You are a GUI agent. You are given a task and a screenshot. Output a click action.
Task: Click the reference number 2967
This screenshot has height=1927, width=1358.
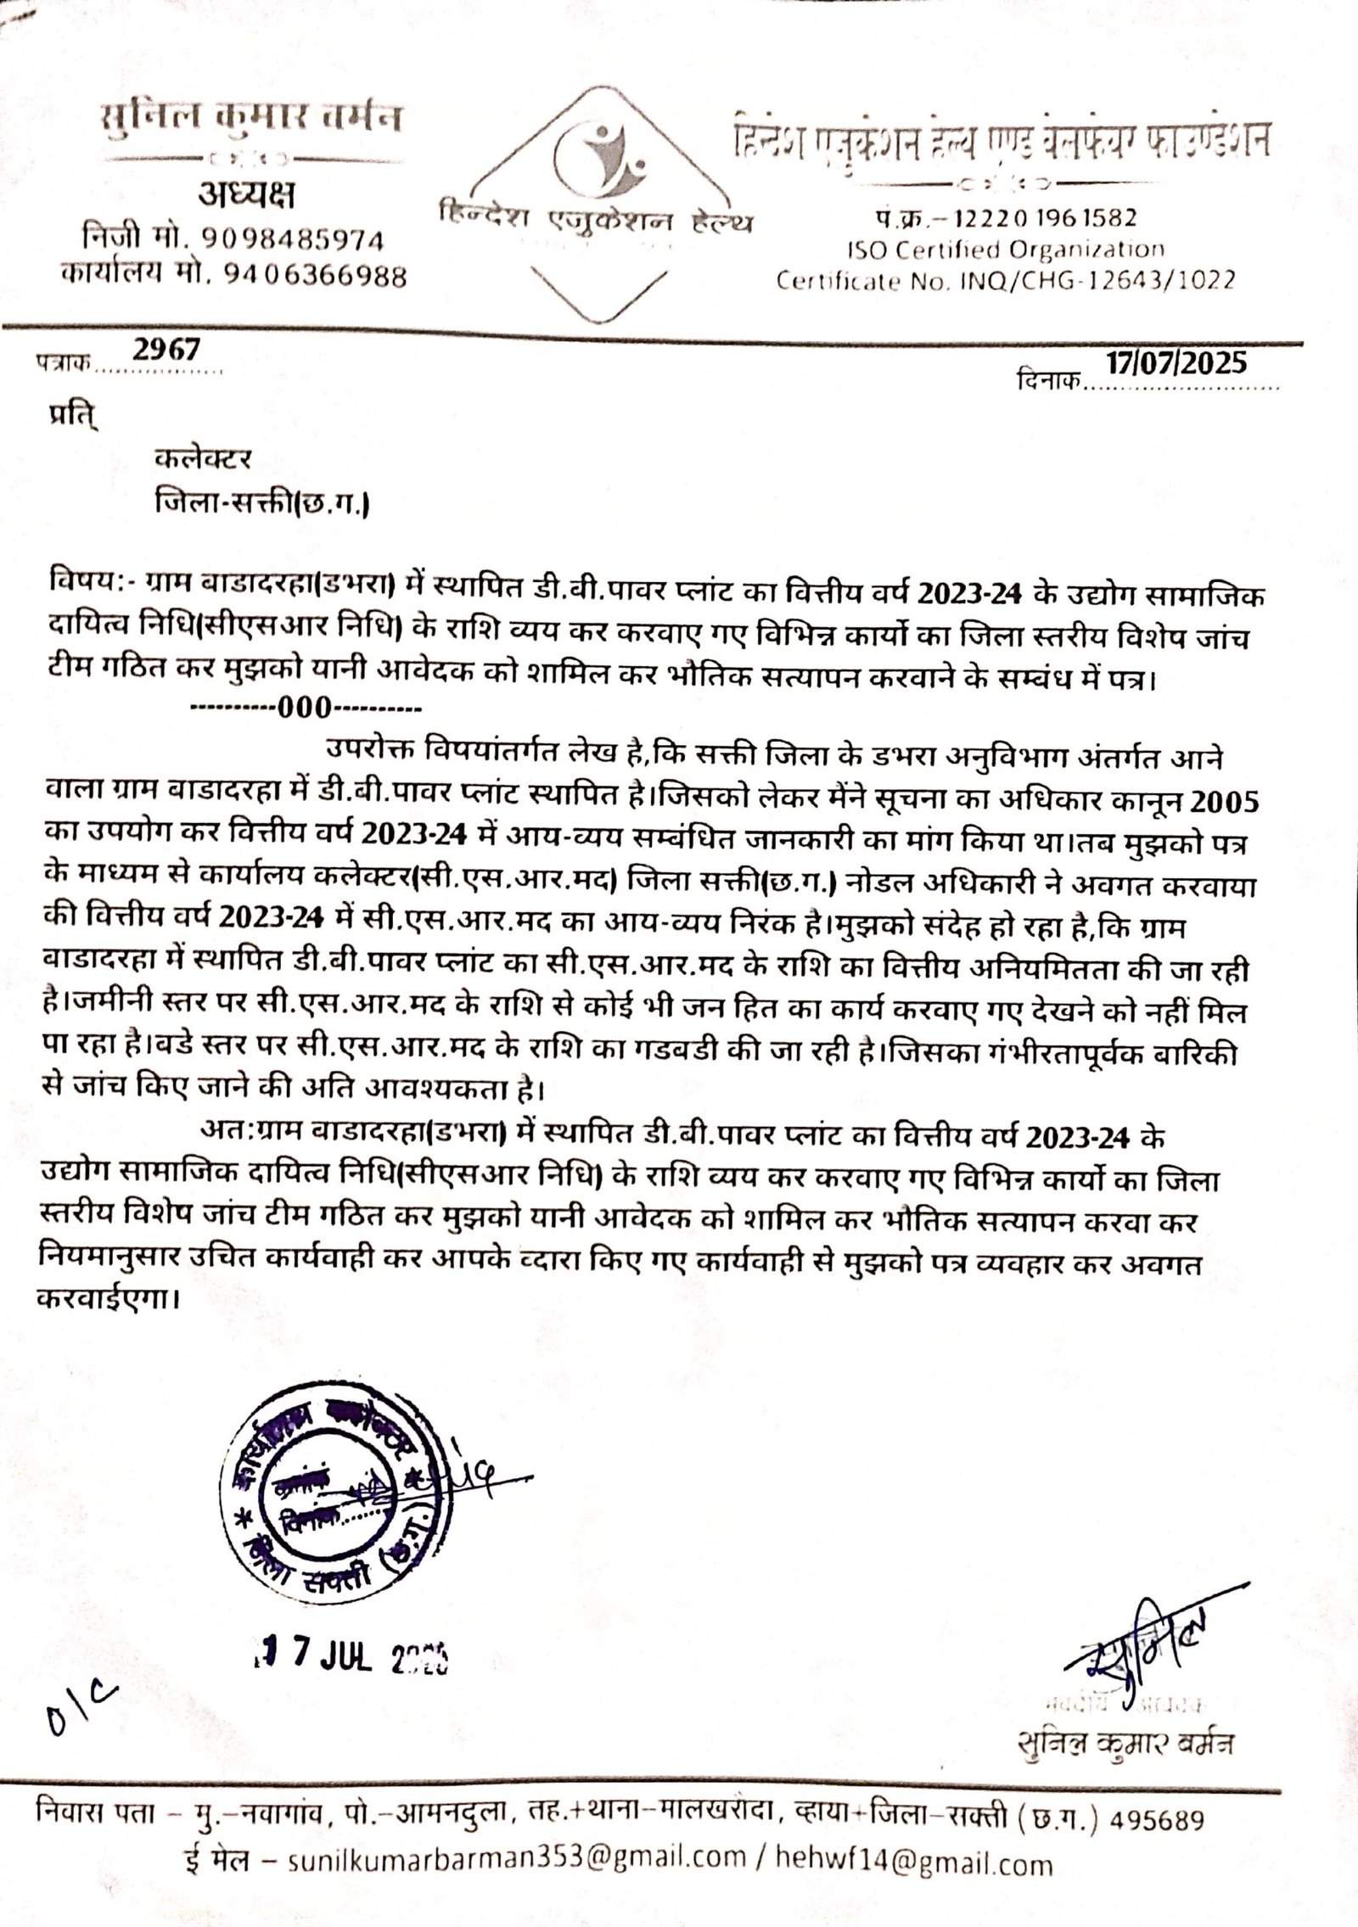(x=166, y=350)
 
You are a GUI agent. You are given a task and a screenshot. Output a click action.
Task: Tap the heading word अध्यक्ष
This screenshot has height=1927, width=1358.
(x=247, y=198)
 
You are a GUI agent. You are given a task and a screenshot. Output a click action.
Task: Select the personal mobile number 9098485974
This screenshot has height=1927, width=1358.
(x=294, y=241)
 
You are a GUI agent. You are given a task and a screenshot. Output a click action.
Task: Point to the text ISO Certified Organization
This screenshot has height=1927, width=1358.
(x=1006, y=249)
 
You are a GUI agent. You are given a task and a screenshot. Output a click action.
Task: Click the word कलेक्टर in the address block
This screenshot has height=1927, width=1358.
(x=204, y=460)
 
